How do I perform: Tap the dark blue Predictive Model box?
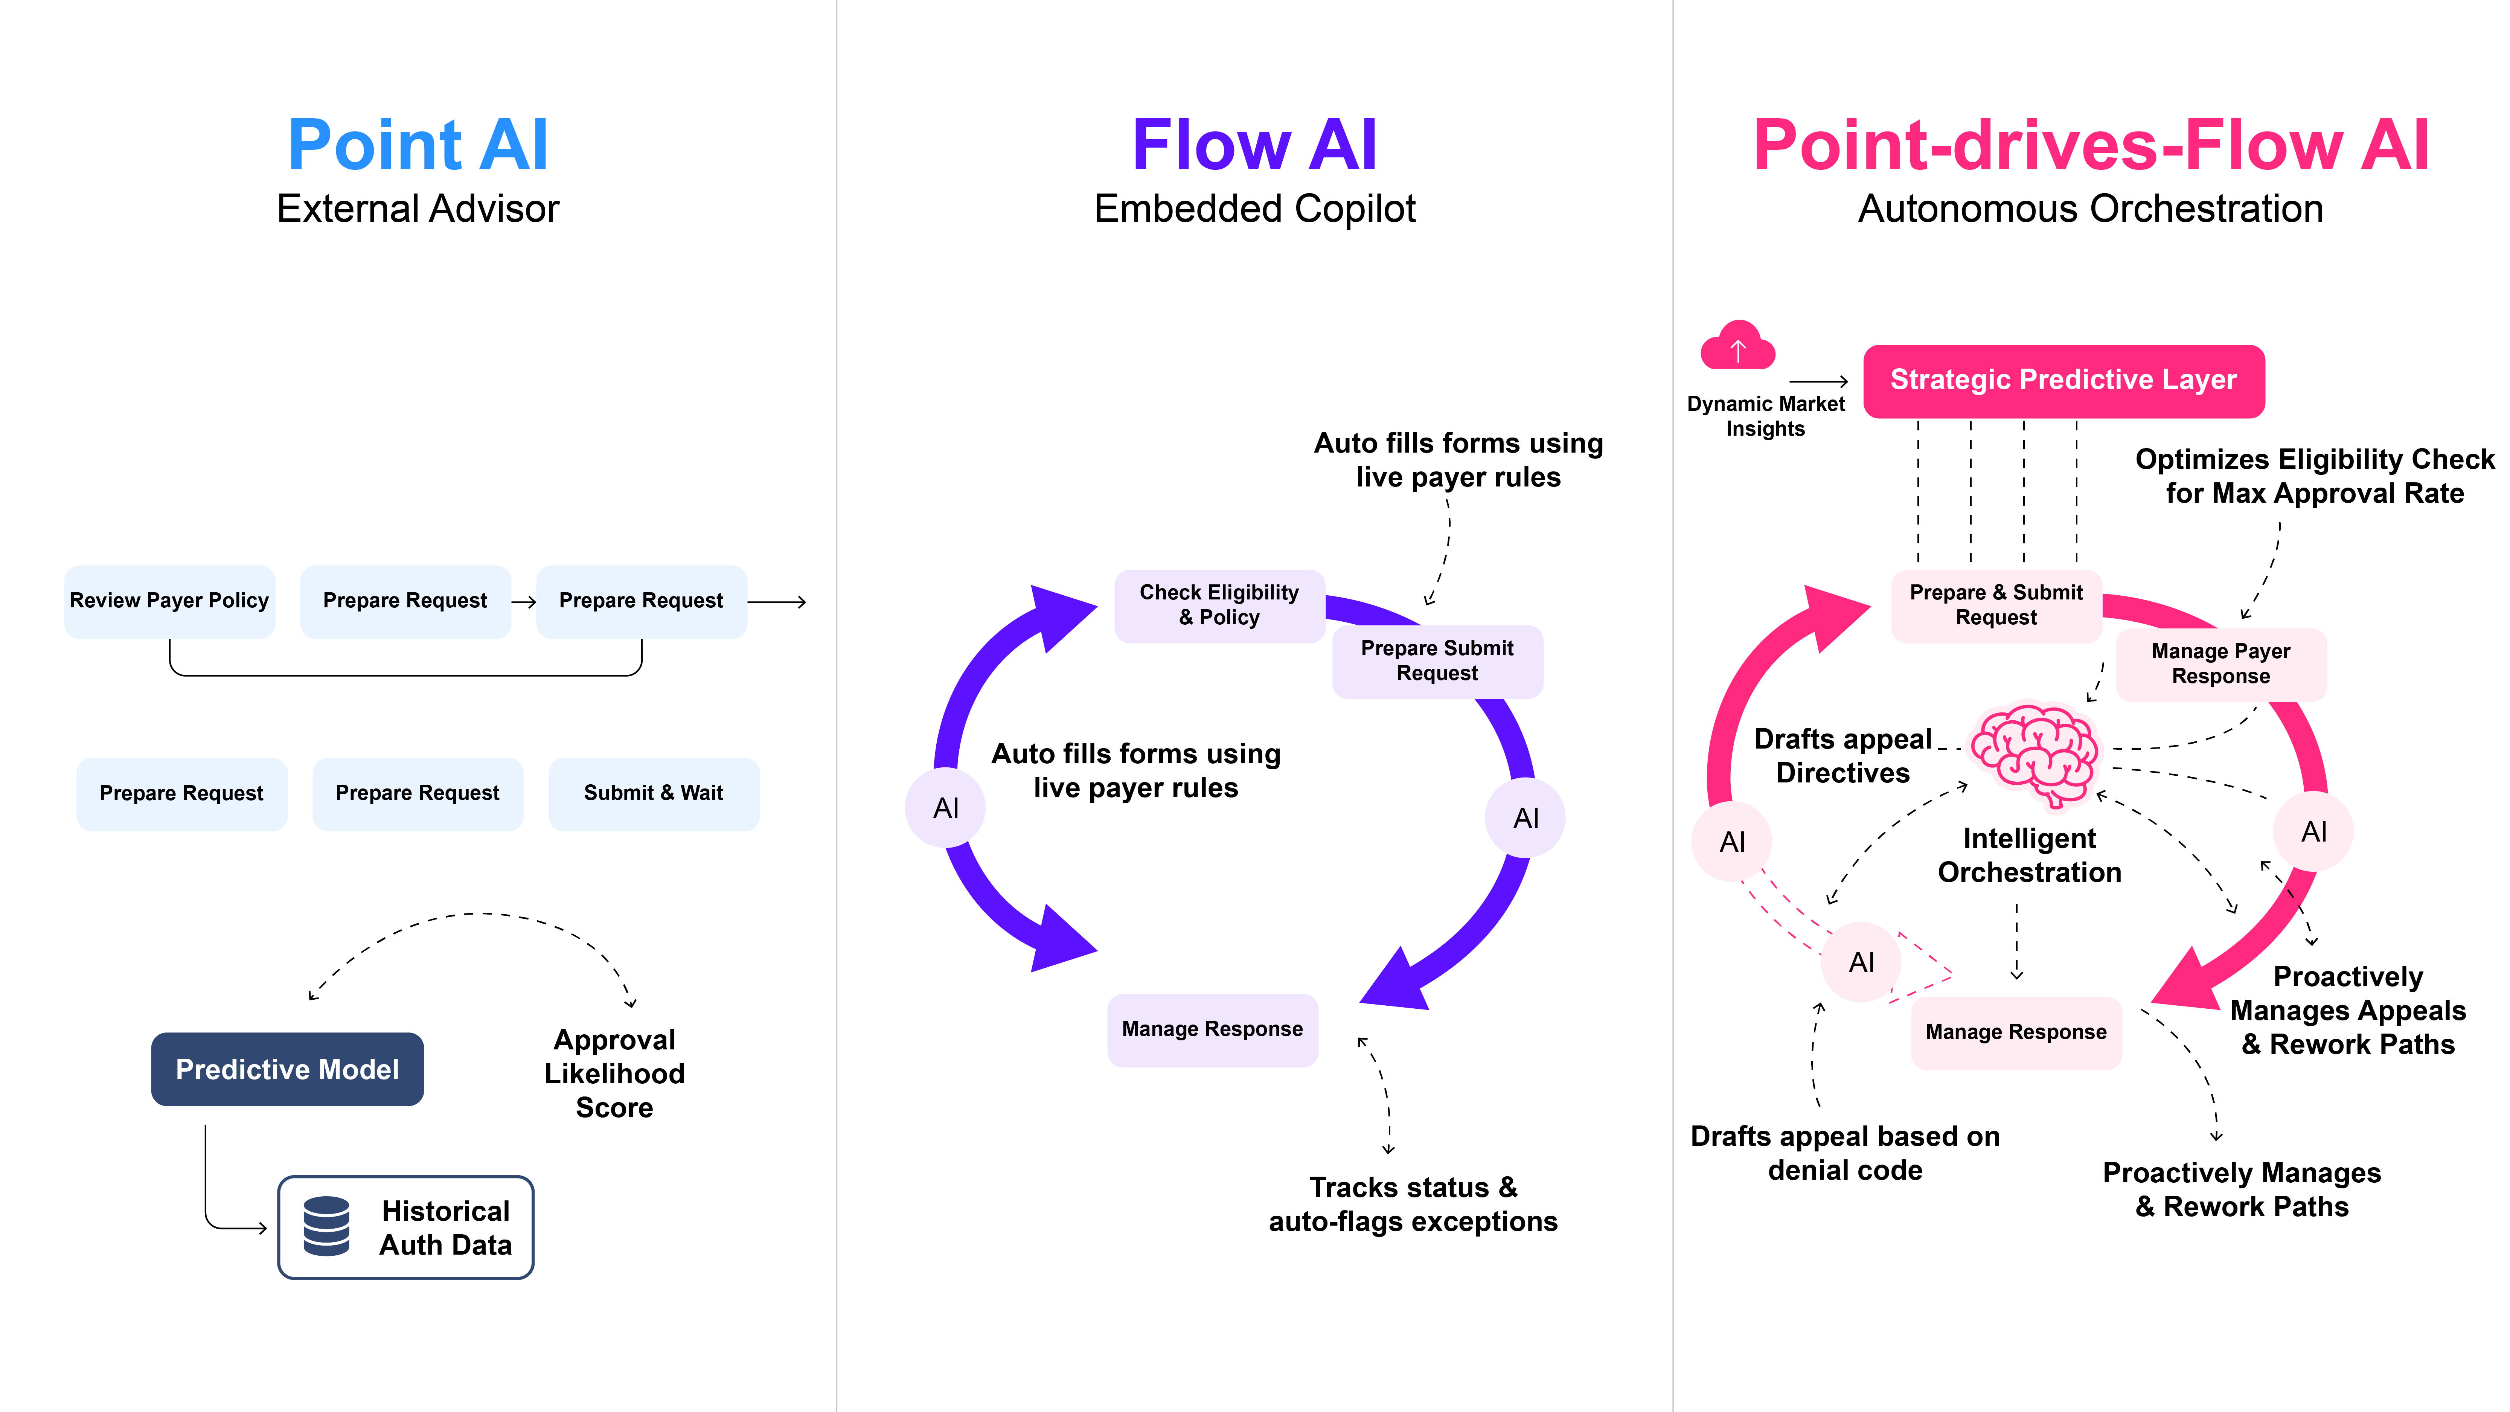pos(287,1069)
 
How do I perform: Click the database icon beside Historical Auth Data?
pos(326,1227)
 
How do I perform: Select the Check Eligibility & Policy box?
pos(1219,605)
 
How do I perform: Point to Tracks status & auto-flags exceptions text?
pos(1413,1205)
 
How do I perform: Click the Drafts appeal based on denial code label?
pos(1844,1153)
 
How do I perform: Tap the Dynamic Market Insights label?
pos(1766,416)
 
